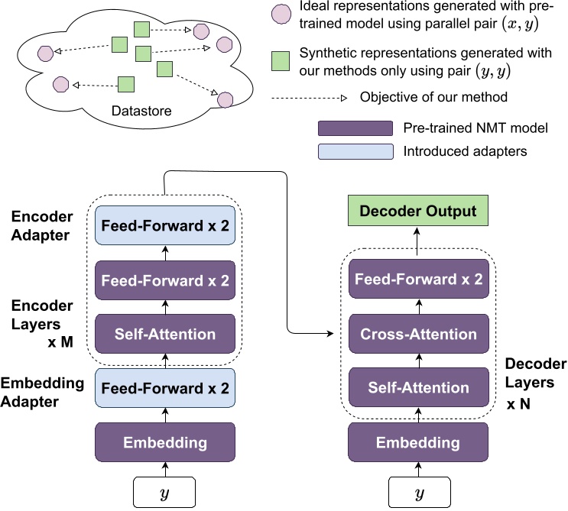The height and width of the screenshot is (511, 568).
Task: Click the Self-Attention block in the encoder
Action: (x=165, y=334)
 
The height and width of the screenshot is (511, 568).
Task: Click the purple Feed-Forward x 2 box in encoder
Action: (x=165, y=280)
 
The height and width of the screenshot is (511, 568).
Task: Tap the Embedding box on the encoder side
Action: (x=165, y=442)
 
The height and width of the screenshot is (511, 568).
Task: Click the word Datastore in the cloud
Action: (x=141, y=112)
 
